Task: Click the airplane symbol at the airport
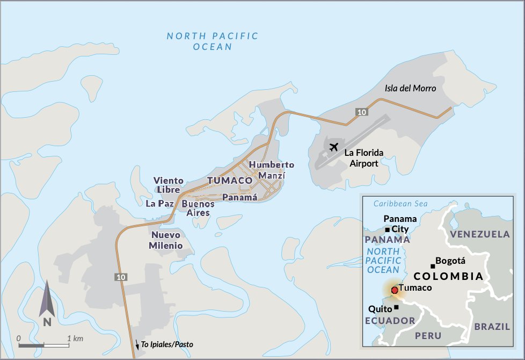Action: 334,146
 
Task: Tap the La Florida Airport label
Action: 364,158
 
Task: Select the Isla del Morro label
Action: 410,88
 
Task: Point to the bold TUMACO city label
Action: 230,181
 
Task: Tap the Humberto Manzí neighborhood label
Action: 271,170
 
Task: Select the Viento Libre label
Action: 169,185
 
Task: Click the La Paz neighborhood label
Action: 159,204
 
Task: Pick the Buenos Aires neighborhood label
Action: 198,208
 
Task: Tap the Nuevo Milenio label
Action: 166,240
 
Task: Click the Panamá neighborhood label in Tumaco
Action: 240,197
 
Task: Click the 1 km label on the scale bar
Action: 75,339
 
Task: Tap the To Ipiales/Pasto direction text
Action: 166,344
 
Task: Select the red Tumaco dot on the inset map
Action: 395,290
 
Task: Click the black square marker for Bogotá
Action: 433,266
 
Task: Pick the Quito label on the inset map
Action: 380,309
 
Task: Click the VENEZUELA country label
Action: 480,234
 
